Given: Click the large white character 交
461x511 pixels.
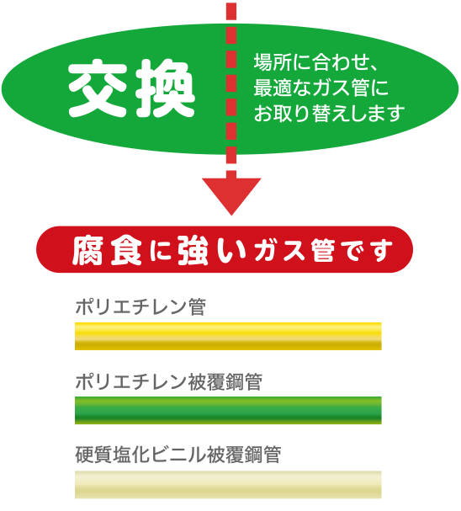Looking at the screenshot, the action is coord(97,88).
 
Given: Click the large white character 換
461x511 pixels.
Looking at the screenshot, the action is coord(165,88).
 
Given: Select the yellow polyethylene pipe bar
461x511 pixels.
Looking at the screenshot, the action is coord(228,337).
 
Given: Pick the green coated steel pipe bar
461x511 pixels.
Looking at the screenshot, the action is coord(228,410).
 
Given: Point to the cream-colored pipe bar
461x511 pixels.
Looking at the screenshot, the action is coord(228,485).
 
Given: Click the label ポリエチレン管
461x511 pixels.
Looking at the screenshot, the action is coord(140,306).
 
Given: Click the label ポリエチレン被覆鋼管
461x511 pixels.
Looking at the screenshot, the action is coord(168,381).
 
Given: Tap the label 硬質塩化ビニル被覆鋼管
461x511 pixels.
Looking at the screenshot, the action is coord(178,455).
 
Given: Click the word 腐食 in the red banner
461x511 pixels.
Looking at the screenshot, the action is coord(107,251).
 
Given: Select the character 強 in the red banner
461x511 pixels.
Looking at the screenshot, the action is coord(193,251).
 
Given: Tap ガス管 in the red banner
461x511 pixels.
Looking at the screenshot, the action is coord(295,251).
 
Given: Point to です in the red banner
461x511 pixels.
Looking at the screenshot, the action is coord(368,251).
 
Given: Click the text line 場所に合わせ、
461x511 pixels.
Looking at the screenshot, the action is coord(315,62).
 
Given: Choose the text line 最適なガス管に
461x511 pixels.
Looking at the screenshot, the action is coord(321,88).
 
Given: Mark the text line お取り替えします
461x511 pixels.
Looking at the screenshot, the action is coord(329,114).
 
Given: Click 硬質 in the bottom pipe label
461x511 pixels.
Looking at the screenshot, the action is coord(93,455).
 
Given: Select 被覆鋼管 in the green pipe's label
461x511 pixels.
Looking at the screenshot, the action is coord(225,381).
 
